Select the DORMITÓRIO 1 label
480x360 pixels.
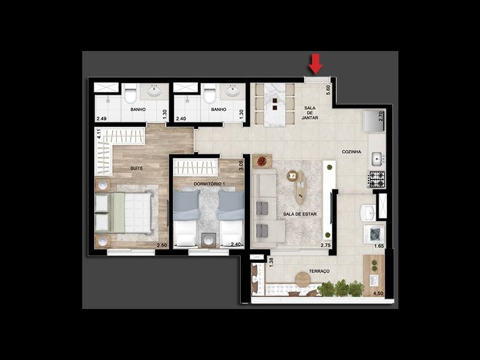click(x=205, y=182)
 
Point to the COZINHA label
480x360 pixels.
click(x=352, y=152)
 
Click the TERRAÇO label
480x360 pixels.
click(x=319, y=272)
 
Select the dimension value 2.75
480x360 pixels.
click(x=326, y=246)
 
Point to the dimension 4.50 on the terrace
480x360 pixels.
click(x=378, y=293)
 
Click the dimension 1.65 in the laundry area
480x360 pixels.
click(x=379, y=246)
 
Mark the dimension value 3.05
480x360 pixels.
click(x=241, y=164)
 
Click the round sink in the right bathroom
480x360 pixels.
click(x=233, y=92)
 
